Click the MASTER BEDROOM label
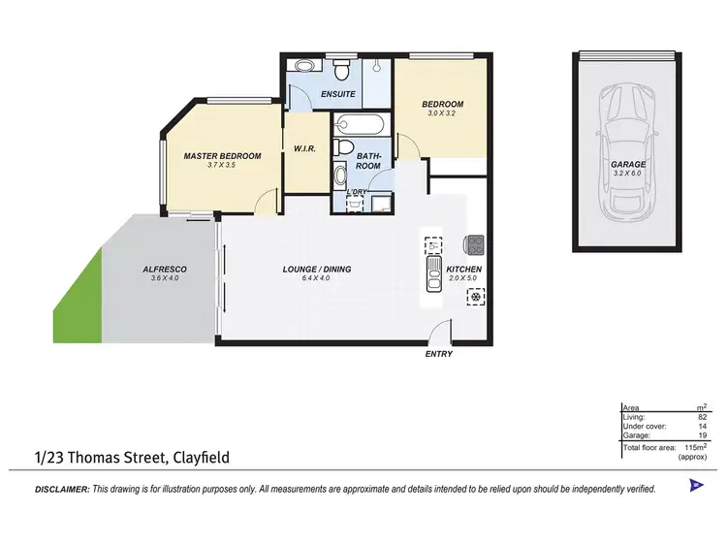(222, 156)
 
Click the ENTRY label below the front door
(439, 354)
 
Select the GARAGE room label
(628, 165)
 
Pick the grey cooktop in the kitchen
(475, 243)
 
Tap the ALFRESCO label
(165, 269)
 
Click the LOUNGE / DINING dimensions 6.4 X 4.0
(317, 278)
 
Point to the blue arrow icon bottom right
(694, 485)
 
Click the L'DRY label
(357, 192)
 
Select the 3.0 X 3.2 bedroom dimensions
(442, 113)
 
